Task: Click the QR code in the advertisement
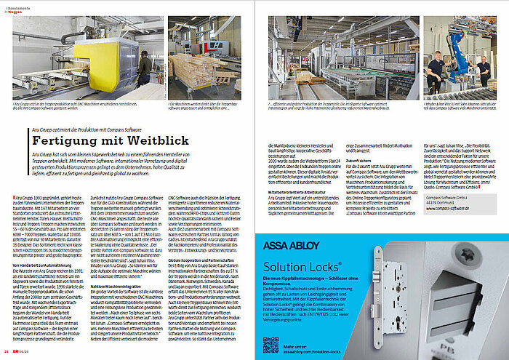click(x=270, y=344)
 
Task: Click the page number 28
click(x=6, y=354)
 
